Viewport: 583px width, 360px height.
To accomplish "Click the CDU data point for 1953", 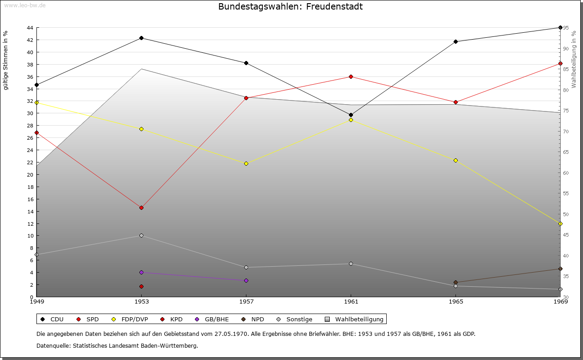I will pos(141,38).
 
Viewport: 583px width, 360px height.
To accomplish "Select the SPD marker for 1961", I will pos(351,76).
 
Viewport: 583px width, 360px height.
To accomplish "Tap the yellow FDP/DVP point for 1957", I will pos(246,163).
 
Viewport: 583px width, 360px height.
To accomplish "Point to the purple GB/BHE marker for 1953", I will pos(141,272).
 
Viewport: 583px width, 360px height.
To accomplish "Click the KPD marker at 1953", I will pos(141,286).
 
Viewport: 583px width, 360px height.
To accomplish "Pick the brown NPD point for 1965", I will pos(455,283).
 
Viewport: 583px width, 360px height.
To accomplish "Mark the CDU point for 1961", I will pos(351,115).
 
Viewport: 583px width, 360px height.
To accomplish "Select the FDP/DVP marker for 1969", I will pos(560,223).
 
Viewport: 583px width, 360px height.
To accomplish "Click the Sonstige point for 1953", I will pos(141,235).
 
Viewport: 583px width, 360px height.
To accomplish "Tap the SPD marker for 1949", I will pos(36,132).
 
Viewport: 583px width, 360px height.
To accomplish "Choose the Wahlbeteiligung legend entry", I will pos(354,319).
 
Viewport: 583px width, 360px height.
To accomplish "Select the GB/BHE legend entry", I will pos(212,319).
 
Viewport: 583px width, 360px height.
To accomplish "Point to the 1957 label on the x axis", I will pos(246,302).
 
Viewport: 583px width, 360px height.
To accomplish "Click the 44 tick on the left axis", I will pos(30,28).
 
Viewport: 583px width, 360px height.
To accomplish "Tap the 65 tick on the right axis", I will pos(566,152).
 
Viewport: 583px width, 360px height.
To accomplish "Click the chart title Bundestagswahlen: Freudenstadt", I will pos(291,6).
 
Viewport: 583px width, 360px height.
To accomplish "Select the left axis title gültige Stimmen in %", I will pos(5,60).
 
